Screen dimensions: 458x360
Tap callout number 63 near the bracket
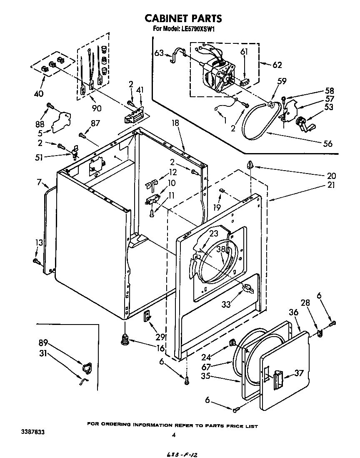tap(159, 53)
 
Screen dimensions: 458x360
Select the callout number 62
tap(277, 65)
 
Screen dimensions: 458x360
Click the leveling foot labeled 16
tap(124, 340)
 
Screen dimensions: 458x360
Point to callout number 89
tap(42, 343)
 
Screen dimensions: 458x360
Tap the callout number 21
tap(331, 185)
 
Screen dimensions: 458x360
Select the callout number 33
tap(226, 304)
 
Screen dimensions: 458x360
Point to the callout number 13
tap(39, 242)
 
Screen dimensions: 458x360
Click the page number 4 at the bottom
tap(174, 435)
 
